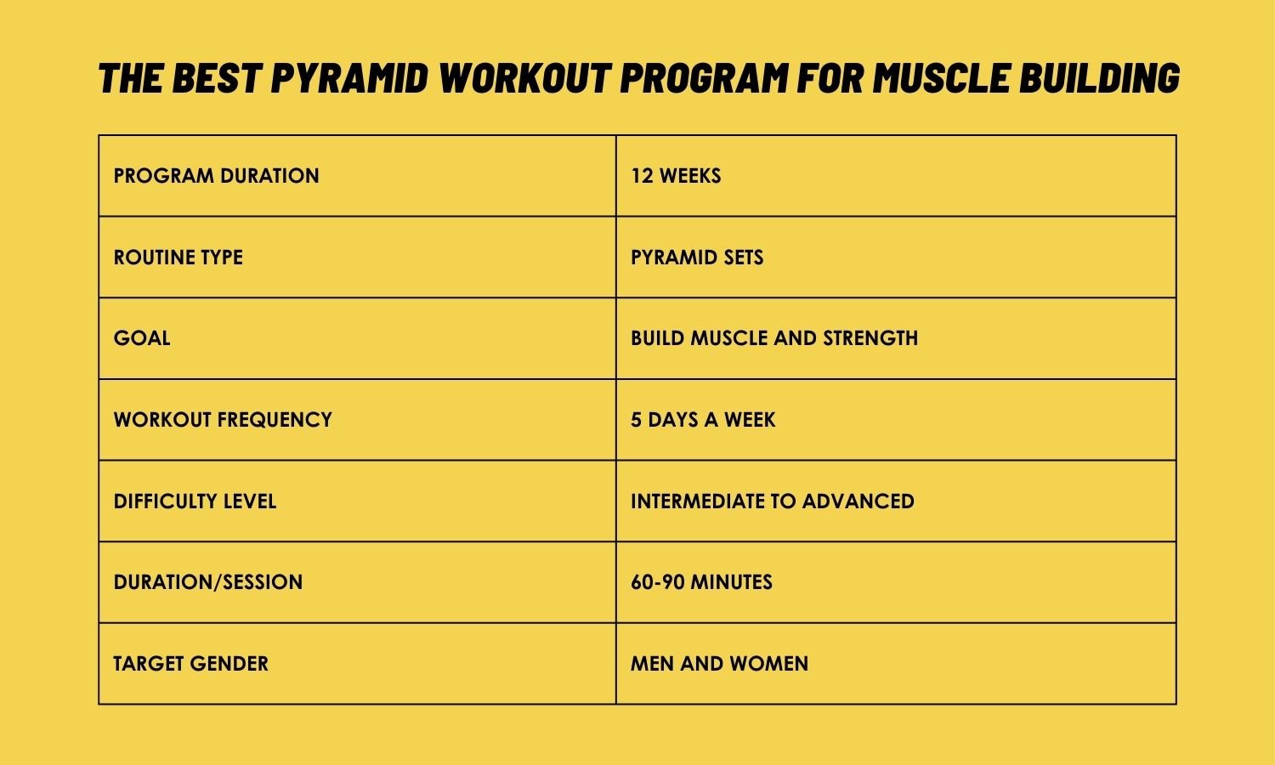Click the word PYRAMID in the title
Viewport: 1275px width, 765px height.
tap(349, 77)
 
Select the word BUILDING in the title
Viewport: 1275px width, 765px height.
tap(1100, 77)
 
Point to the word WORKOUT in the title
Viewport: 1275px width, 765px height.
tap(525, 77)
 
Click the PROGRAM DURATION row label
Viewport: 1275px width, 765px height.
tap(216, 176)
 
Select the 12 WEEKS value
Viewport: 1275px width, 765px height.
tap(676, 176)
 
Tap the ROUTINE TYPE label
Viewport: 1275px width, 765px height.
tap(178, 258)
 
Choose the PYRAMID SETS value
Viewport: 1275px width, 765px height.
tap(697, 258)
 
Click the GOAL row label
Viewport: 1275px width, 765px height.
tap(142, 338)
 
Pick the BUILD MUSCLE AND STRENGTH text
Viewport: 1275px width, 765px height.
tap(774, 338)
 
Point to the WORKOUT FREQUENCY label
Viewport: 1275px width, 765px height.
tap(223, 420)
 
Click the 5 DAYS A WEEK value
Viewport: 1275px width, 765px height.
tap(703, 420)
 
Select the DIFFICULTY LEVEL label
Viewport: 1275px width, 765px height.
tap(195, 501)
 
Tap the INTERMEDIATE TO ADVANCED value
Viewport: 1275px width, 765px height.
tap(773, 501)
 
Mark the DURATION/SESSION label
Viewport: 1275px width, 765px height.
tap(207, 582)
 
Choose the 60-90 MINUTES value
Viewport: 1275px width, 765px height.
tap(701, 582)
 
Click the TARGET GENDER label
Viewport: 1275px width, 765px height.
tap(190, 664)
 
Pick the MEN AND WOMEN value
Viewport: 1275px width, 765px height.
tap(719, 664)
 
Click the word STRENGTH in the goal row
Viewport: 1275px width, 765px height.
tap(870, 338)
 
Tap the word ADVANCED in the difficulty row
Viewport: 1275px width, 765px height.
tap(858, 501)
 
